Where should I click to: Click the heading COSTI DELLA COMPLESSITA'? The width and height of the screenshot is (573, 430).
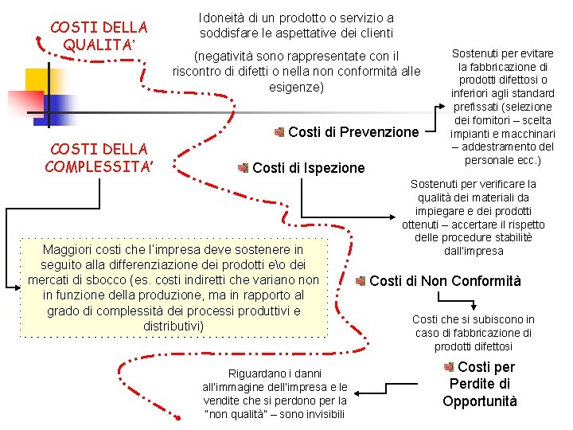pos(99,157)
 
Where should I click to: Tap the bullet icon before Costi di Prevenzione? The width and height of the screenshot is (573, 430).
pos(279,131)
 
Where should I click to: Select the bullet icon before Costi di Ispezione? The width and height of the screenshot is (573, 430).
pos(244,168)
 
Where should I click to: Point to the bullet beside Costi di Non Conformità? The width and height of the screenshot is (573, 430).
pos(361,281)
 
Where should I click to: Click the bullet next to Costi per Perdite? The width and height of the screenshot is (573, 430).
pos(448,367)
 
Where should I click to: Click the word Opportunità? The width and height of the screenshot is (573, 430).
pos(480,401)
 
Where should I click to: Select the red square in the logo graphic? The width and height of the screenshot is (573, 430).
pos(23,101)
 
